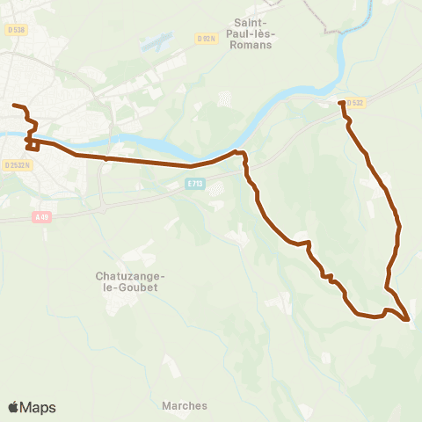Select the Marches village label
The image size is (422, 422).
pyautogui.click(x=185, y=405)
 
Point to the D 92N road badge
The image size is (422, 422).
pyautogui.click(x=207, y=39)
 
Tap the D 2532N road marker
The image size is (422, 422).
pyautogui.click(x=17, y=164)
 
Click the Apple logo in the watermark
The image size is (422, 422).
pyautogui.click(x=13, y=407)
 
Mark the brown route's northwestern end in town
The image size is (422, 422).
pyautogui.click(x=14, y=106)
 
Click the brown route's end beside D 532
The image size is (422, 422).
pyautogui.click(x=341, y=104)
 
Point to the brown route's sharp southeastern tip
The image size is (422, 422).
pyautogui.click(x=409, y=320)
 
